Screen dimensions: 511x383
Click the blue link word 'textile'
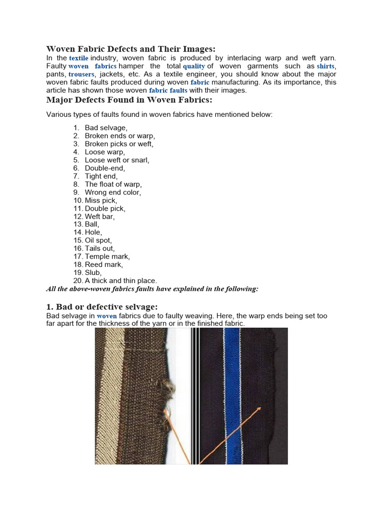[78, 58]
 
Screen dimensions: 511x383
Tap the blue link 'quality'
[193, 66]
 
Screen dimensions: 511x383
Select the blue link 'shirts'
[326, 66]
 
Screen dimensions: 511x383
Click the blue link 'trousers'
[81, 74]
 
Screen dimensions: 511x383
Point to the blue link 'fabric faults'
[168, 90]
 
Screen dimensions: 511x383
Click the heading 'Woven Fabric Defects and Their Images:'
[131, 49]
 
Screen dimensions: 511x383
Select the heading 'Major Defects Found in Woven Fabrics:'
[129, 100]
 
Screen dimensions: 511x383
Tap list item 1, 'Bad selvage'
[106, 128]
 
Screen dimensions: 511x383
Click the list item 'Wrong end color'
[113, 192]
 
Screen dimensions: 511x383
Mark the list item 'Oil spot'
[98, 241]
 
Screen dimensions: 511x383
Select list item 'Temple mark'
[107, 256]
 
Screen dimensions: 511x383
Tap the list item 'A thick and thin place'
[121, 281]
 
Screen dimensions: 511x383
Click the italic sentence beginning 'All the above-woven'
[152, 289]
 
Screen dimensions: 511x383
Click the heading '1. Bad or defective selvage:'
[102, 306]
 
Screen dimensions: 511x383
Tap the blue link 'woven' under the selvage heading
[107, 316]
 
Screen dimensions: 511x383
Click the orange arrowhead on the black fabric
[259, 409]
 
